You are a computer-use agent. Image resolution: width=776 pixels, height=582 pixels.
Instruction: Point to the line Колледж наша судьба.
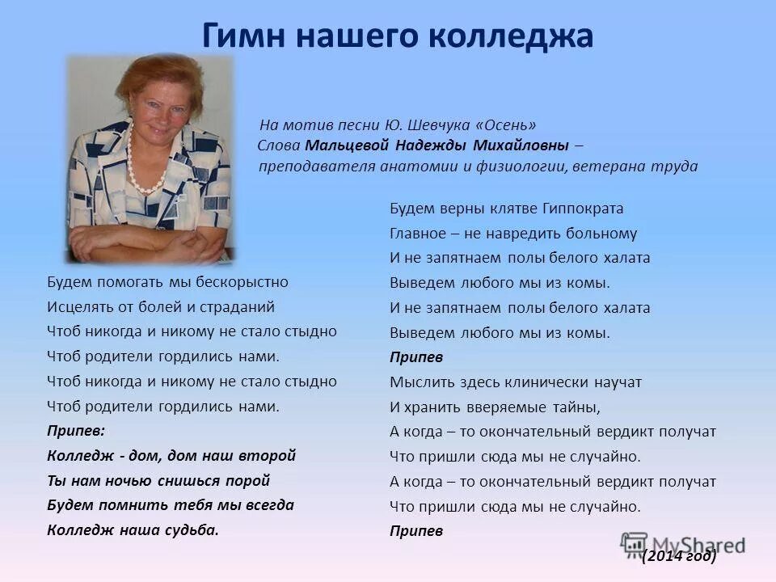[x=133, y=531]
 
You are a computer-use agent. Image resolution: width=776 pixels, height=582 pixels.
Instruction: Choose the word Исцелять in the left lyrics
[x=74, y=307]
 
